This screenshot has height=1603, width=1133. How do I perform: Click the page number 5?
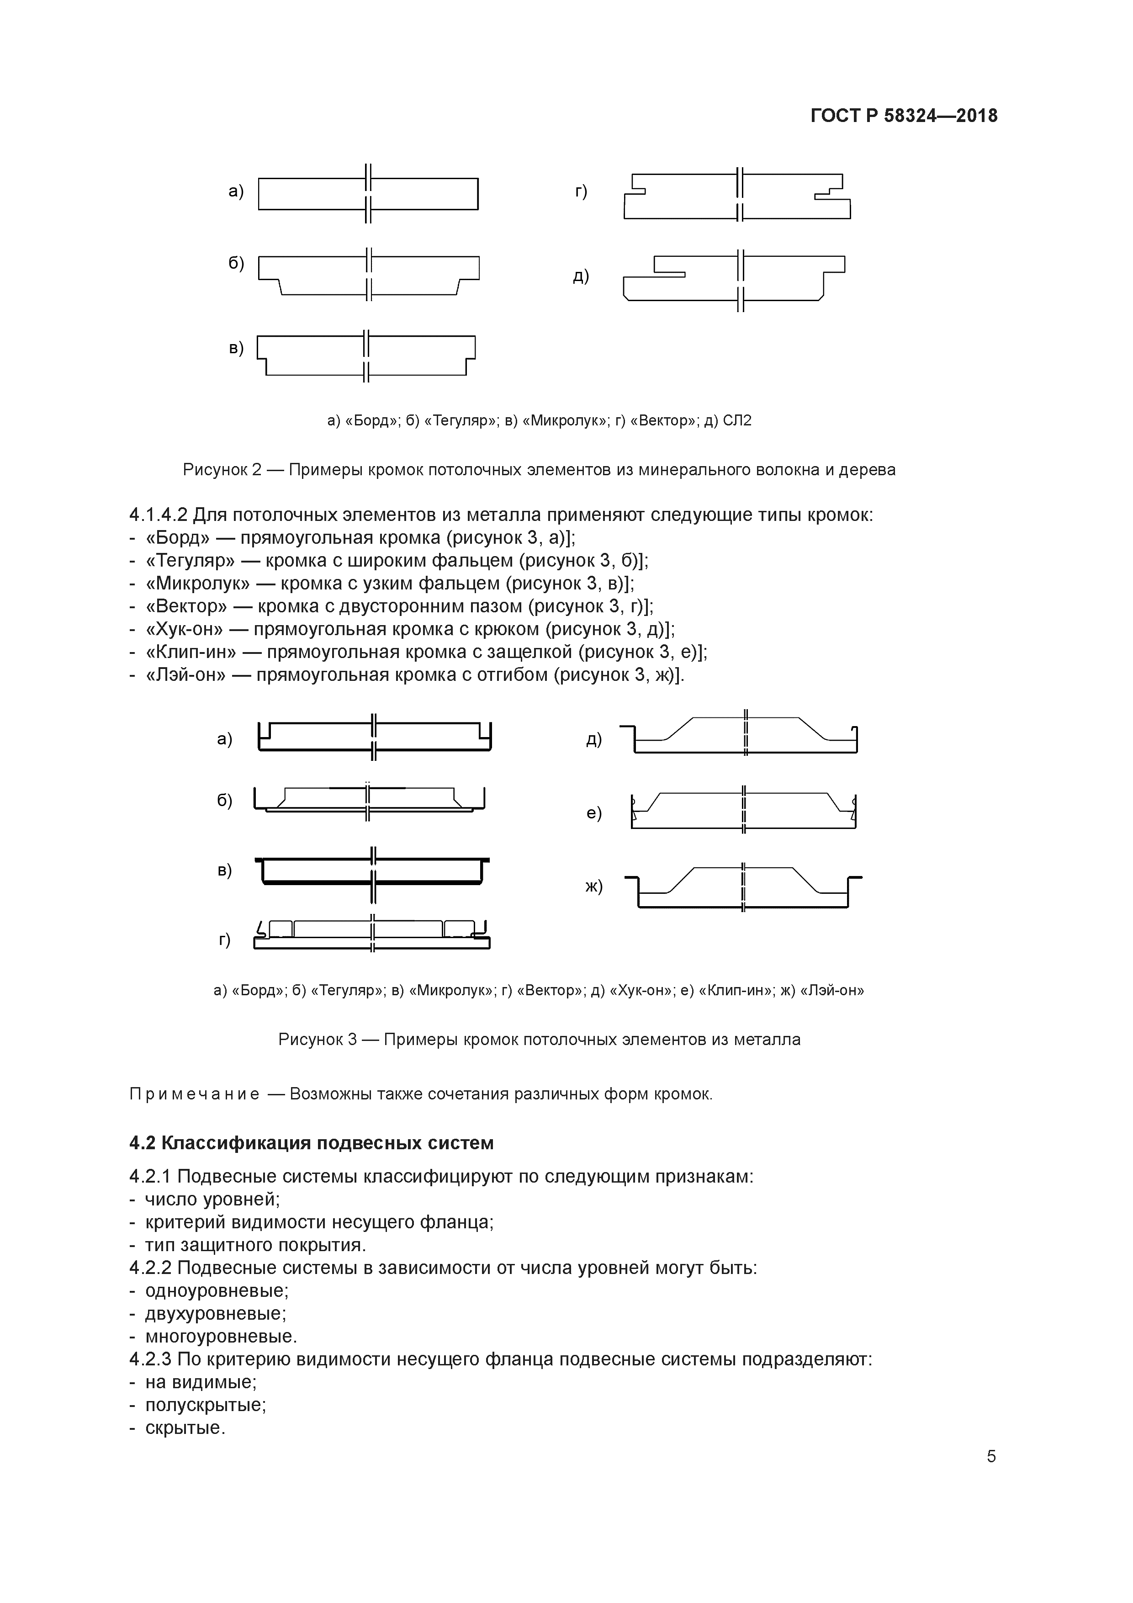point(990,1456)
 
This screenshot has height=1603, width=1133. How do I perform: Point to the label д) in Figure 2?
point(581,276)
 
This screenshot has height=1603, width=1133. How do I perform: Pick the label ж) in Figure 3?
point(593,886)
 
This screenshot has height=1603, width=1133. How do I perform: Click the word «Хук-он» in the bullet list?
point(184,629)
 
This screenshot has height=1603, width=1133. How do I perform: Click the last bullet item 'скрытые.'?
point(185,1428)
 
